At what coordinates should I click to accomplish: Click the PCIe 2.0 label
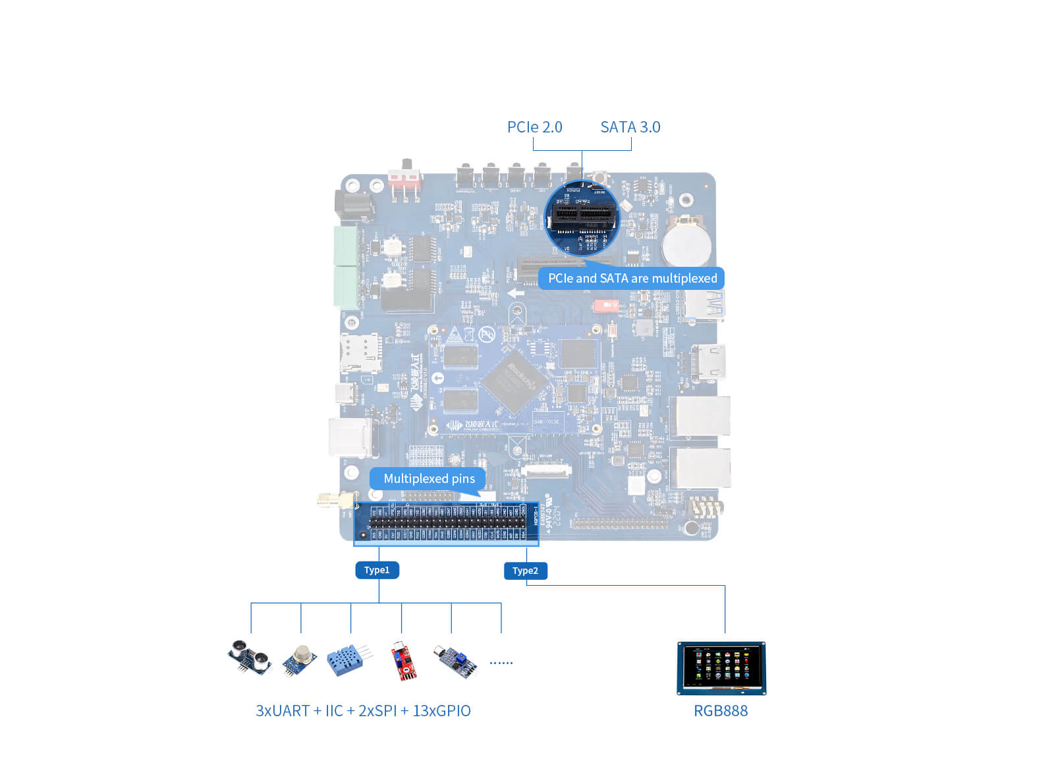[x=534, y=127]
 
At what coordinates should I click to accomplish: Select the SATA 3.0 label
[x=630, y=127]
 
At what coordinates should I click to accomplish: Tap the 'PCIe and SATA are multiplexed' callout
[x=632, y=278]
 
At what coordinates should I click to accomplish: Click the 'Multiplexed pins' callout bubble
[x=429, y=478]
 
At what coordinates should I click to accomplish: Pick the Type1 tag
[x=377, y=570]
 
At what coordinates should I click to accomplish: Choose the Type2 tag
[x=525, y=571]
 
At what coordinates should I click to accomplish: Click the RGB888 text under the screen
[x=720, y=710]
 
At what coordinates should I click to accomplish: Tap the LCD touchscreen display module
[x=721, y=667]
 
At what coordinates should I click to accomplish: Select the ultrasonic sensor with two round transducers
[x=250, y=658]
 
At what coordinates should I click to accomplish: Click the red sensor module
[x=402, y=661]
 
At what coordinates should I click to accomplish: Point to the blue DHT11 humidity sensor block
[x=347, y=660]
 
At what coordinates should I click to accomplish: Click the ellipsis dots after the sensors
[x=501, y=662]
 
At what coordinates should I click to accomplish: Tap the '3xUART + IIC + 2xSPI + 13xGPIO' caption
[x=363, y=710]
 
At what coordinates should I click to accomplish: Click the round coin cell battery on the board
[x=686, y=243]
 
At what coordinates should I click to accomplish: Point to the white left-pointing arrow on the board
[x=516, y=293]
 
